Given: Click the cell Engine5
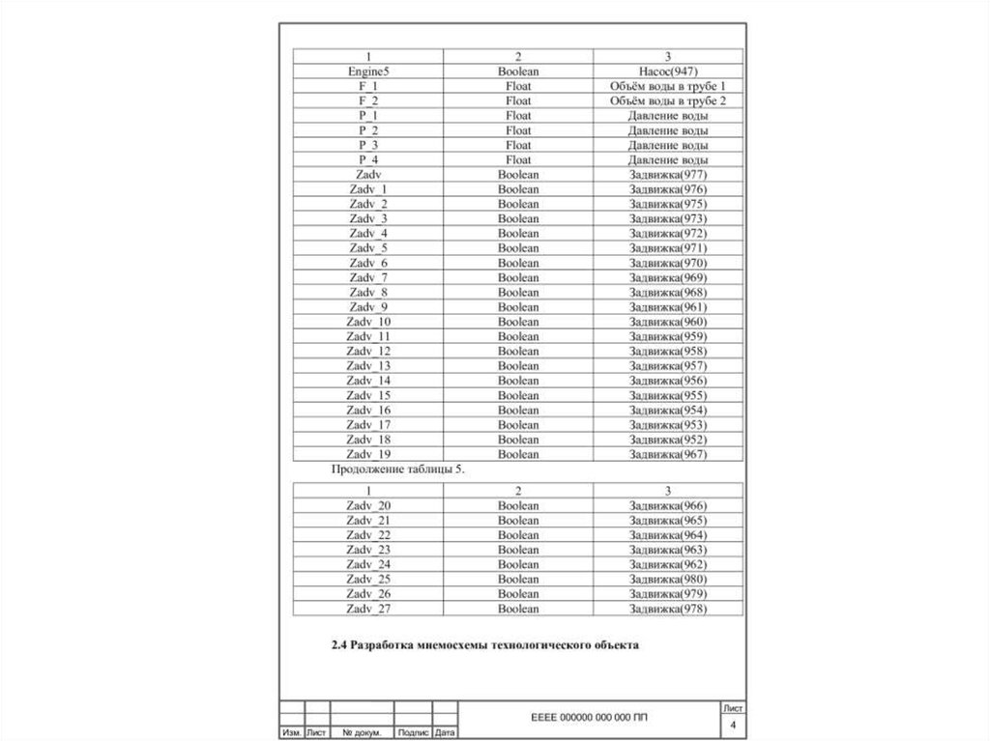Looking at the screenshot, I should pyautogui.click(x=368, y=71).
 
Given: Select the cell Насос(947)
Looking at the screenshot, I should pyautogui.click(x=668, y=71).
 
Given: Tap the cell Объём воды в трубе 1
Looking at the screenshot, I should pyautogui.click(x=668, y=86).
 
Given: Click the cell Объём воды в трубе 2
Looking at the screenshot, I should pyautogui.click(x=668, y=100).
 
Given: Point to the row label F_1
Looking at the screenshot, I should pyautogui.click(x=368, y=86).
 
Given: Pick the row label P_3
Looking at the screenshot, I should pyautogui.click(x=368, y=145).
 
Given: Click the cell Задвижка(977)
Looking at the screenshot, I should pyautogui.click(x=668, y=175).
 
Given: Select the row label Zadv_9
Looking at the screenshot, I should pyautogui.click(x=368, y=307).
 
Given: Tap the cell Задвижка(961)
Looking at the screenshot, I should pyautogui.click(x=668, y=307).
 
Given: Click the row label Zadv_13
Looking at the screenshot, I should pyautogui.click(x=368, y=366).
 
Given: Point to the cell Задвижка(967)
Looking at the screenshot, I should pyautogui.click(x=668, y=454).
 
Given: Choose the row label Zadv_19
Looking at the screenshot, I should pyautogui.click(x=368, y=454).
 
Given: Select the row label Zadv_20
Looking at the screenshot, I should pyautogui.click(x=368, y=506).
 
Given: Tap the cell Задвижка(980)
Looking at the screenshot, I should pyautogui.click(x=668, y=580).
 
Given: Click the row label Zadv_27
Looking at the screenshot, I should pyautogui.click(x=368, y=610).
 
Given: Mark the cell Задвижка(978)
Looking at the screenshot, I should pyautogui.click(x=668, y=610).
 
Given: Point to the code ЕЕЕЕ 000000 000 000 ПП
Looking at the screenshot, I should pyautogui.click(x=591, y=719).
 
